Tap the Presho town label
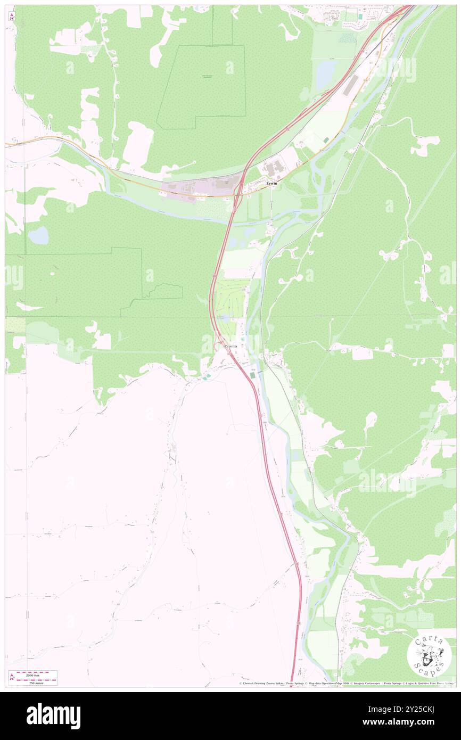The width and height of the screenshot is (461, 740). click(230, 347)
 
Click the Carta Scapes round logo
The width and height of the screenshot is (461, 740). click(429, 656)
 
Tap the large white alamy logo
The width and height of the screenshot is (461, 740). click(53, 716)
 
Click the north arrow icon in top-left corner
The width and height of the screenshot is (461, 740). click(12, 17)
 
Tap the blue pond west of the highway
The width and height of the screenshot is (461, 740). click(38, 235)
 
